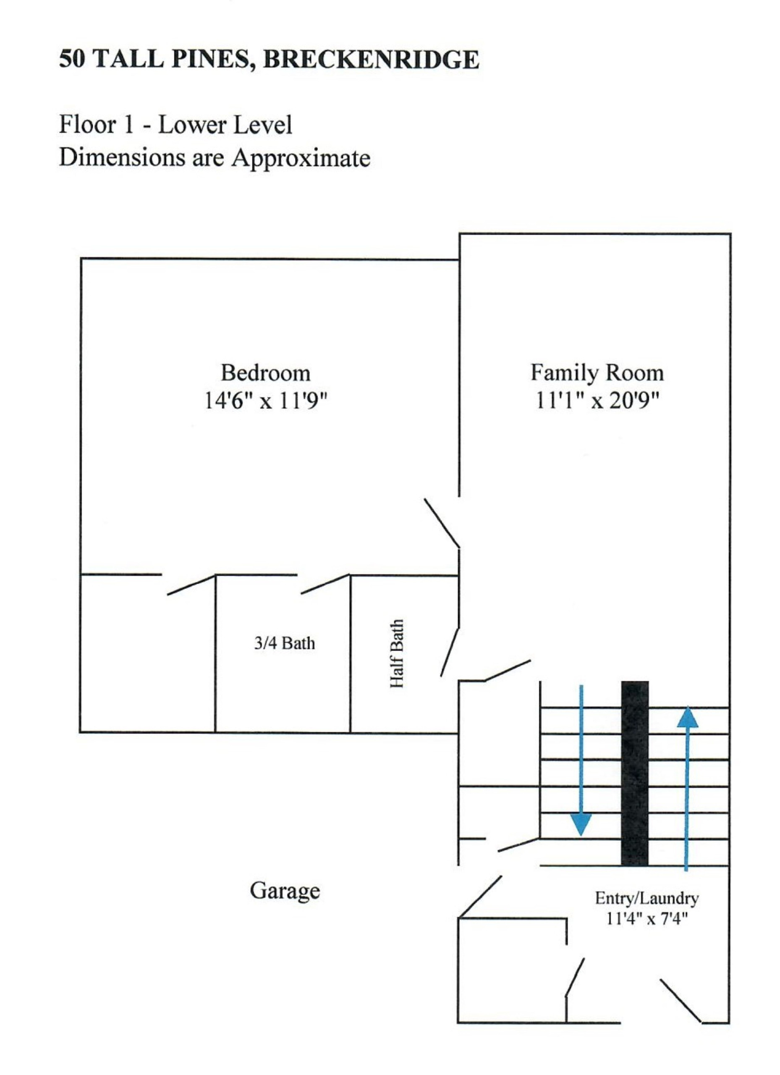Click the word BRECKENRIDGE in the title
pos(371,60)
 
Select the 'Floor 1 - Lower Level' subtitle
pos(175,125)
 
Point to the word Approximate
pos(301,158)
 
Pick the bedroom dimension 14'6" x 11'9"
pos(266,401)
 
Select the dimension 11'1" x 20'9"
pos(597,401)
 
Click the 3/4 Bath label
pos(284,643)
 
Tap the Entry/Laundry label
pos(647,899)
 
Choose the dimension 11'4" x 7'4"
pos(647,919)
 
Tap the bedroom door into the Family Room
pos(442,523)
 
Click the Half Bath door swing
pos(450,652)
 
